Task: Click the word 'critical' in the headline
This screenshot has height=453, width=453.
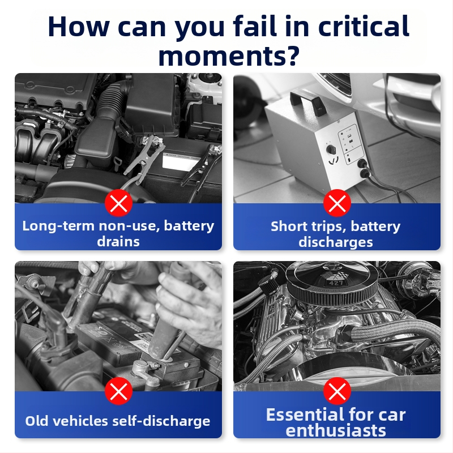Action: (364, 26)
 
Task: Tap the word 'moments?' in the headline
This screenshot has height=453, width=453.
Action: (229, 55)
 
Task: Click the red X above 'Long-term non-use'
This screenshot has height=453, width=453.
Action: (119, 203)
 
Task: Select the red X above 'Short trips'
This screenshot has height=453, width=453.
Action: (337, 203)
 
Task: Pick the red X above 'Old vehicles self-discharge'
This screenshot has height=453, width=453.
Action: (119, 391)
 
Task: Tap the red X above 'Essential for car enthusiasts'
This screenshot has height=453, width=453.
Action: (337, 391)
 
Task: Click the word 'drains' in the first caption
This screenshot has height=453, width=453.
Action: (118, 242)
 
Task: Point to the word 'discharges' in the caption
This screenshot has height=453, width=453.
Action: (336, 242)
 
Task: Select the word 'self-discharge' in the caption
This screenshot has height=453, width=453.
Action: (161, 421)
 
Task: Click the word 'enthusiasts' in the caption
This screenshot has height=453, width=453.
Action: (336, 430)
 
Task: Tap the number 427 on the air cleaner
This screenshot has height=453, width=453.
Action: (336, 283)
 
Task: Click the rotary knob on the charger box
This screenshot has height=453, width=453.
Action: (331, 149)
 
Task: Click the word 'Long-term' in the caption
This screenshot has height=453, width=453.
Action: (59, 226)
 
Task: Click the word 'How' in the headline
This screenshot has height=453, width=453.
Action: (78, 27)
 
